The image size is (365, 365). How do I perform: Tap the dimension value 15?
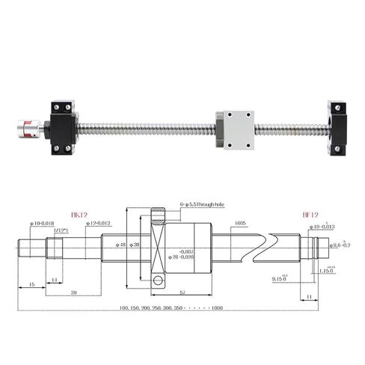(x=31, y=285)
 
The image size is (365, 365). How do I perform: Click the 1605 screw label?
(x=239, y=223)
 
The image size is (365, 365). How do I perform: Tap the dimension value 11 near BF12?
(x=309, y=297)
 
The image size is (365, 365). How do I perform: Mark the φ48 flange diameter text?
(x=122, y=245)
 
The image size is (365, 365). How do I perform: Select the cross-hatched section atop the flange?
(x=156, y=219)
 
